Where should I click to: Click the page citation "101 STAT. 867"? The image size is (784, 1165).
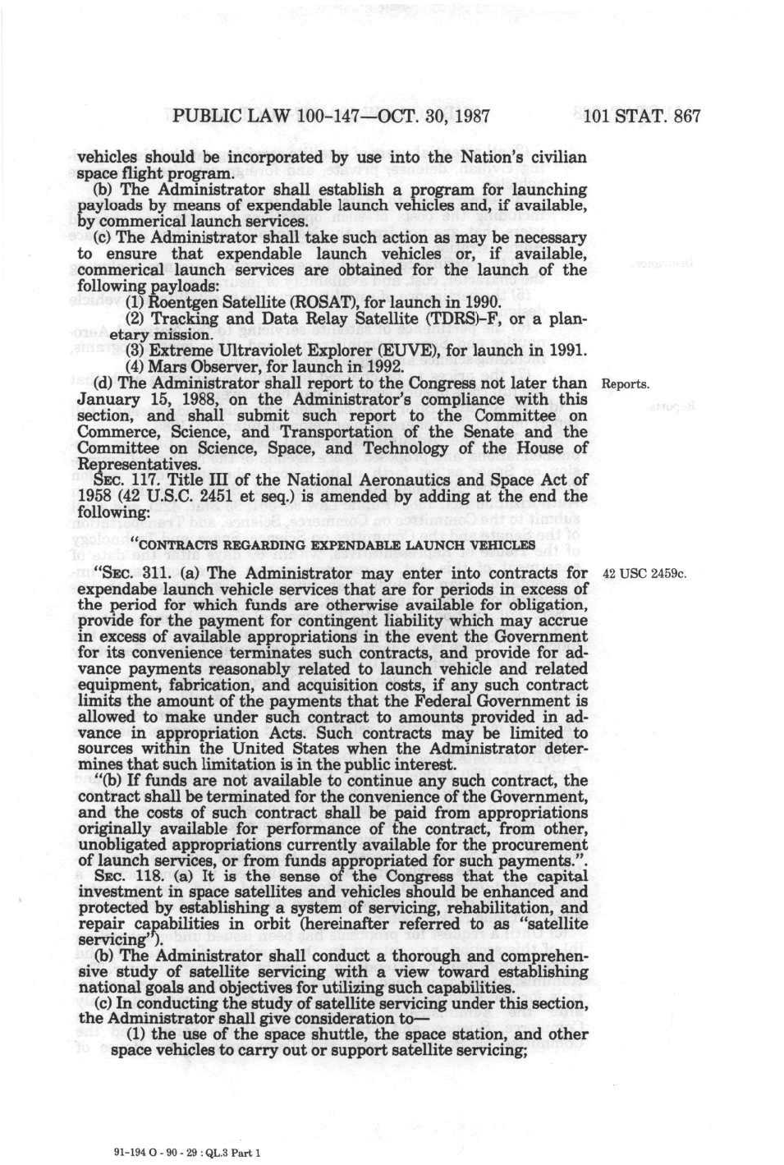[641, 116]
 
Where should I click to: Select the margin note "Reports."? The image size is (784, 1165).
[626, 384]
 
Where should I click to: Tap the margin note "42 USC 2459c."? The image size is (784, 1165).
[644, 574]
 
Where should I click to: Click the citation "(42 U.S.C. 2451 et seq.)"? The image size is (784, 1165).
[210, 497]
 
